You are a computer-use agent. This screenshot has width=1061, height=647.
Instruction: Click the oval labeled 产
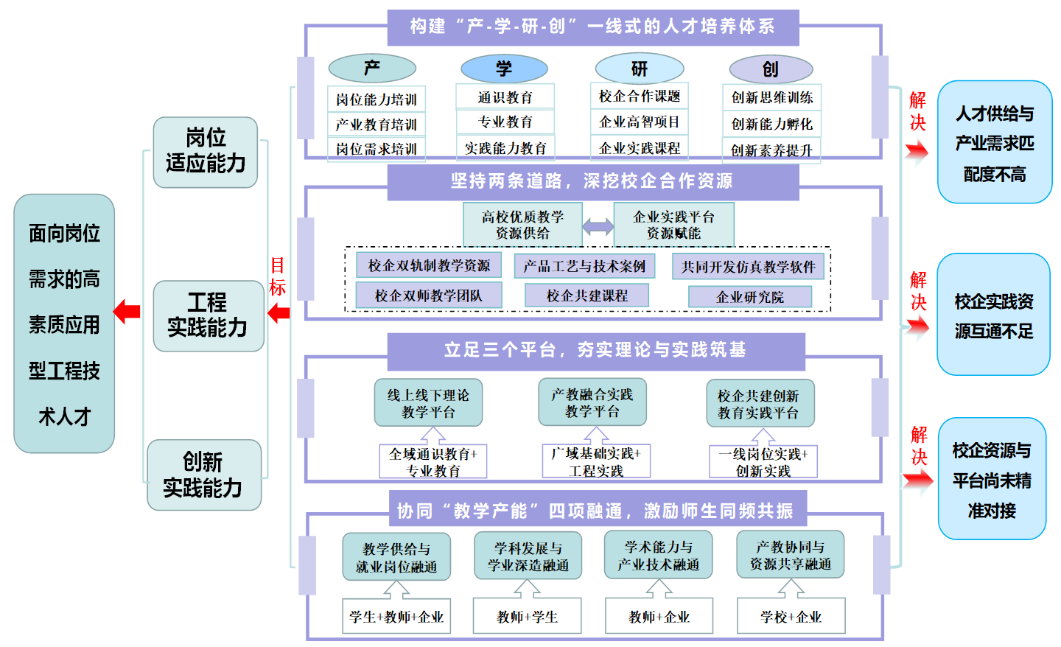pyautogui.click(x=372, y=69)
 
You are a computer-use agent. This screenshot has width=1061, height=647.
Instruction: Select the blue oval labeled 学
pyautogui.click(x=504, y=69)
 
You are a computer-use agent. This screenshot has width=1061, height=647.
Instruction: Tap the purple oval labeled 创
pyautogui.click(x=771, y=69)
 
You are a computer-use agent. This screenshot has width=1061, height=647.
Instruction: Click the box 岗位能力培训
pyautogui.click(x=377, y=99)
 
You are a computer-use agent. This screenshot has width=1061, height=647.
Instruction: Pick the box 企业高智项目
pyautogui.click(x=640, y=122)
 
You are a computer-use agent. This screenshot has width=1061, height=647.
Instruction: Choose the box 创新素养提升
pyautogui.click(x=771, y=150)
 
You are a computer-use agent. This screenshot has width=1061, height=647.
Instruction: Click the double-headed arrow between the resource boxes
pyautogui.click(x=598, y=226)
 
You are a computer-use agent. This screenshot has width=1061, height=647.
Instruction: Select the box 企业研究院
pyautogui.click(x=750, y=297)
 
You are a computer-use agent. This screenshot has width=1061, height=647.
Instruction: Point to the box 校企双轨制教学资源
pyautogui.click(x=429, y=265)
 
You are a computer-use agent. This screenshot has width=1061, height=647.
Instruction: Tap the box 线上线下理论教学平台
pyautogui.click(x=428, y=403)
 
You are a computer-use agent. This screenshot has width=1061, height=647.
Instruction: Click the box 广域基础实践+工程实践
pyautogui.click(x=596, y=462)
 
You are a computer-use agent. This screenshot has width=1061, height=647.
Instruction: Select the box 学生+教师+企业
pyautogui.click(x=396, y=617)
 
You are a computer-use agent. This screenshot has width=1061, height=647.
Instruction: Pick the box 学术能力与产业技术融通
pyautogui.click(x=658, y=556)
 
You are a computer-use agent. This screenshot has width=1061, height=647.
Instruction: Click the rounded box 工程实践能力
pyautogui.click(x=208, y=315)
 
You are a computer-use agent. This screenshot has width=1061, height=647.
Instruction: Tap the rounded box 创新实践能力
pyautogui.click(x=203, y=475)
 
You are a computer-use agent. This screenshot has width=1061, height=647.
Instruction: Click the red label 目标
pyautogui.click(x=277, y=276)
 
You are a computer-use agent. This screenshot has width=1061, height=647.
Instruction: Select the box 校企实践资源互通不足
pyautogui.click(x=993, y=315)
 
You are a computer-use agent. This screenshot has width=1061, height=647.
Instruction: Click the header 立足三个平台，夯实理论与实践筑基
pyautogui.click(x=595, y=350)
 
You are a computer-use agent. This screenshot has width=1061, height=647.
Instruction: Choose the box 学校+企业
pyautogui.click(x=791, y=617)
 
